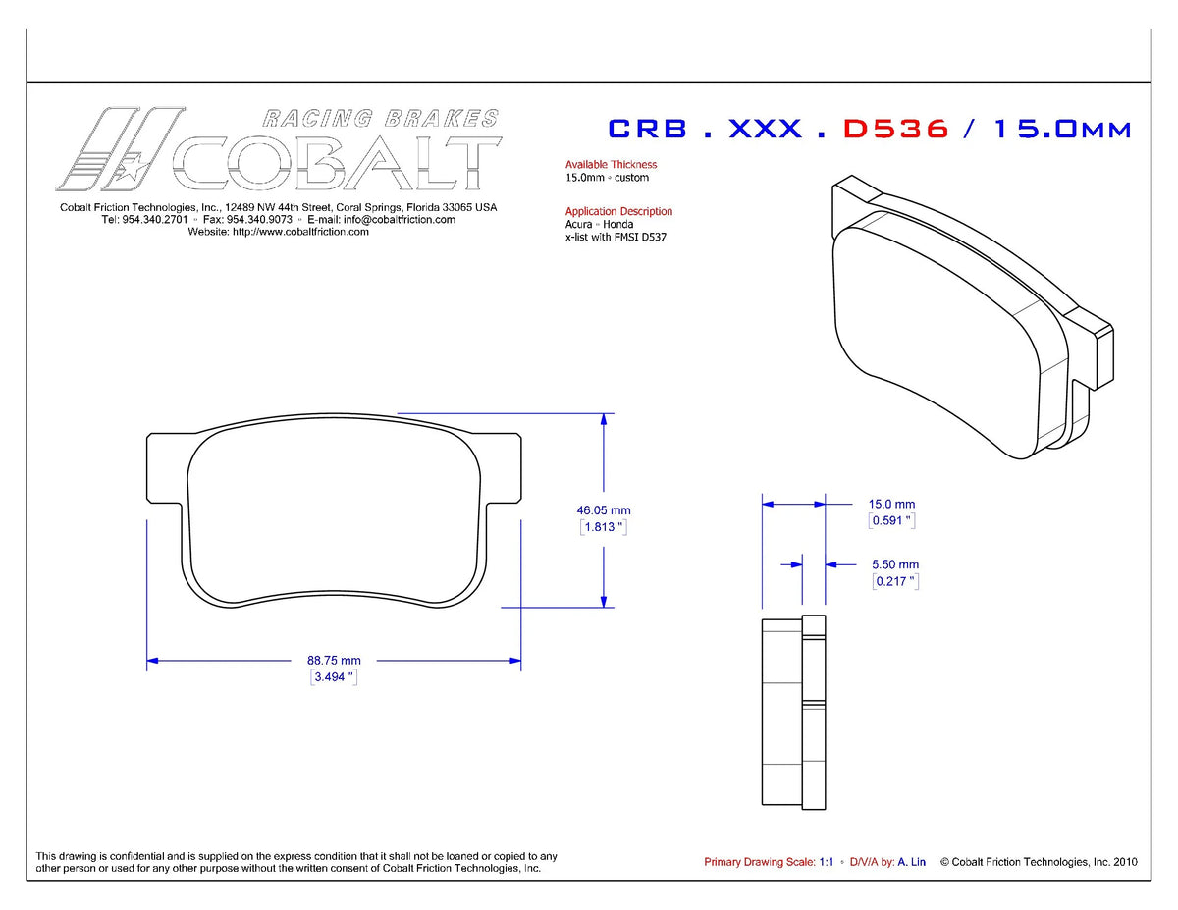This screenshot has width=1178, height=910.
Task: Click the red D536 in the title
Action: coord(895,129)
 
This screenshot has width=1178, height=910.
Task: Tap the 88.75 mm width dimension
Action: coord(334,660)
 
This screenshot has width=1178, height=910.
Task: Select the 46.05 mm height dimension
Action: coord(604,510)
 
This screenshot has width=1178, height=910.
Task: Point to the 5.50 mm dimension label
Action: coord(895,564)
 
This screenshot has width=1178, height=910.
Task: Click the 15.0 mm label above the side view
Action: coord(891,504)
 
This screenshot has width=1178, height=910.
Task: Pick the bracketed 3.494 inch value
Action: coord(334,677)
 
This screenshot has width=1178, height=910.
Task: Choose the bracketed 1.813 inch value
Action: coord(604,527)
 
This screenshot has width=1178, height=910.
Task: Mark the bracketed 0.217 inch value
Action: coord(895,581)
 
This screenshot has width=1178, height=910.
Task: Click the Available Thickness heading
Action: coord(611,164)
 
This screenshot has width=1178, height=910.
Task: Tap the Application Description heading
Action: coord(618,211)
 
